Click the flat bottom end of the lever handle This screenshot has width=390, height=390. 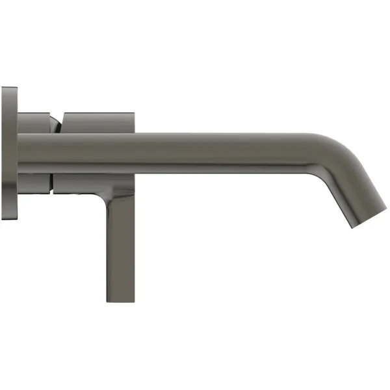coord(121,301)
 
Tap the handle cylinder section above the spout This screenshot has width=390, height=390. coord(97,122)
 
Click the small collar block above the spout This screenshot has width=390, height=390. coord(36,122)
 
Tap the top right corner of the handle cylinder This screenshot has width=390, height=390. coord(133,112)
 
